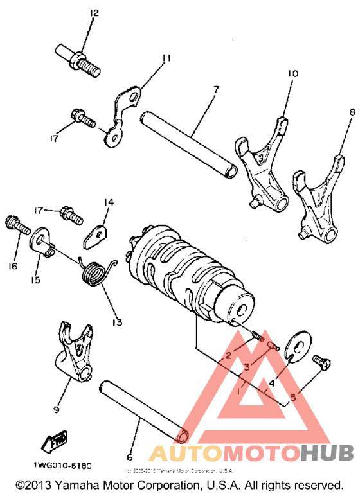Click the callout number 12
pos(94,13)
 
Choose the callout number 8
pos(352,112)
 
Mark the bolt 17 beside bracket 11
pos(82,119)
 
